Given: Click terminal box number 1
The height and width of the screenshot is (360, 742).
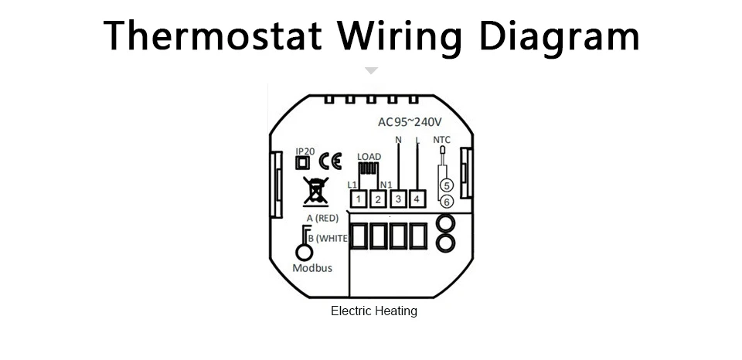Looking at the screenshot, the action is (x=359, y=200).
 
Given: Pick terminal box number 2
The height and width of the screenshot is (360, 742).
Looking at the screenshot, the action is (x=379, y=200).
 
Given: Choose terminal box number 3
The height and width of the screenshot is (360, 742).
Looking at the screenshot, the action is (x=398, y=200).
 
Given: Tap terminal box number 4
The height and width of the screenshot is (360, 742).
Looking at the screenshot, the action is (x=417, y=200).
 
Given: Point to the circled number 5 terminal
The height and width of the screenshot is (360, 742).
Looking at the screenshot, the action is (x=446, y=185).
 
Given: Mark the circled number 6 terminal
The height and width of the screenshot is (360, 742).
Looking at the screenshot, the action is (x=446, y=202).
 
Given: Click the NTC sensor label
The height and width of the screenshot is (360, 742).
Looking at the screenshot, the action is (x=442, y=140).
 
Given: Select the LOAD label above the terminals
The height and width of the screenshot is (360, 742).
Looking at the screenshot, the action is (x=369, y=156).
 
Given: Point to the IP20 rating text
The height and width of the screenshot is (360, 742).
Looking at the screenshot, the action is (x=305, y=151).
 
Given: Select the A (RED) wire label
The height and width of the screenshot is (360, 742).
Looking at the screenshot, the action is (x=322, y=219).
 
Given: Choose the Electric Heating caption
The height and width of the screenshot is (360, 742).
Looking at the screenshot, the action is (x=374, y=311).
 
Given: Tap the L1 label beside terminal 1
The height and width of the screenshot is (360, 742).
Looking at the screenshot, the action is (x=352, y=185).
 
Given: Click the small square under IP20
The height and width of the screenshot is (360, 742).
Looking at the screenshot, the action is (x=302, y=162).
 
